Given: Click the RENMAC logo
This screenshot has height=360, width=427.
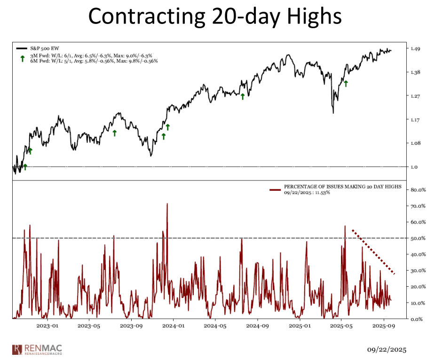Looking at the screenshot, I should pos(37,349).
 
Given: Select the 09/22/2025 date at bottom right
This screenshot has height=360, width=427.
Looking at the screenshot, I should pos(387,350).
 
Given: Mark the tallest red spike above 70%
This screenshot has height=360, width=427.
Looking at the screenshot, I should pos(167,205).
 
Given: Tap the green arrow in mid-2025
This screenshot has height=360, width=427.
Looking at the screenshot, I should pos(346,83).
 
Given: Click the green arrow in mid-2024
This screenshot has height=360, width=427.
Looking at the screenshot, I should pos(243,96).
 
